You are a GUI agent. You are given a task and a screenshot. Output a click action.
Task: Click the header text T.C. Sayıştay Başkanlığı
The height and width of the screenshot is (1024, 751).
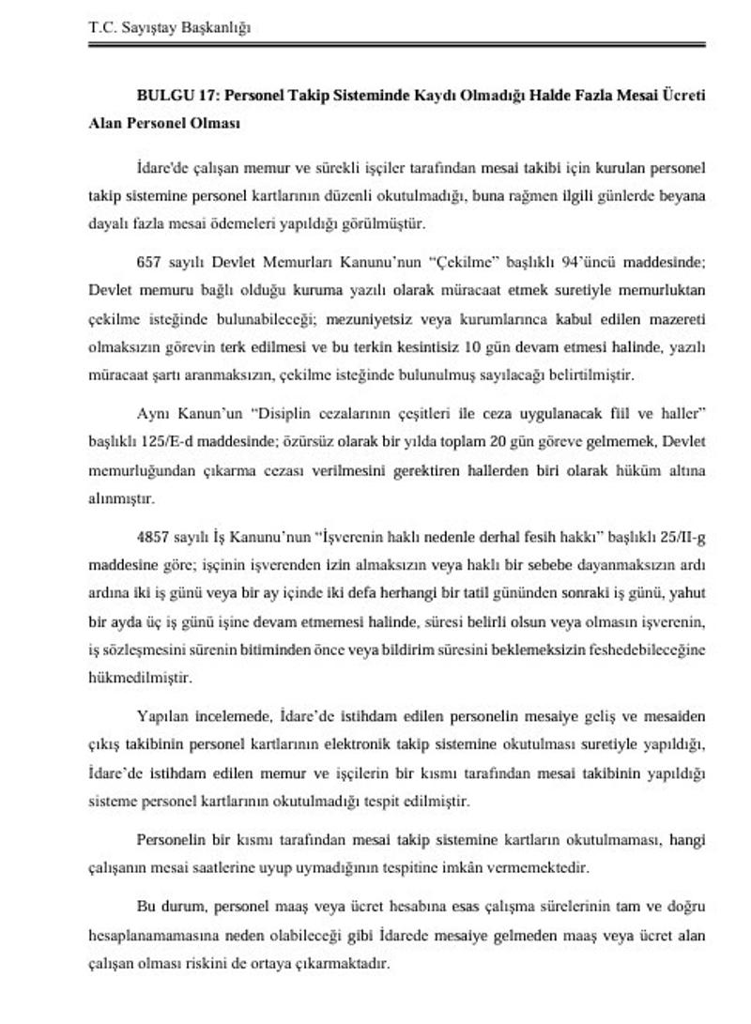tap(170, 27)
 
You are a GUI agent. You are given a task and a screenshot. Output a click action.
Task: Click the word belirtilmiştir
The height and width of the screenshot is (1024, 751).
tap(589, 375)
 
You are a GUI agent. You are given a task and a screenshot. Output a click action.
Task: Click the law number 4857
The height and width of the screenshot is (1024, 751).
tap(154, 539)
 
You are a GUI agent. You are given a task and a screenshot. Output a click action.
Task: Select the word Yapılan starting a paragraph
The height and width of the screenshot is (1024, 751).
tap(161, 717)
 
